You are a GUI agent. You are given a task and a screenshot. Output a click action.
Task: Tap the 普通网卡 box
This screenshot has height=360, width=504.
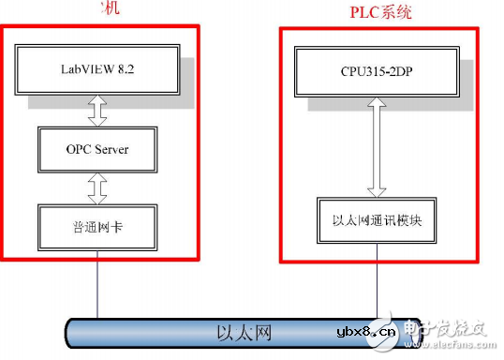point(97,228)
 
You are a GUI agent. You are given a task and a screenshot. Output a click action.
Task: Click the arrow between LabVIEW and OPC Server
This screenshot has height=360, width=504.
point(98,109)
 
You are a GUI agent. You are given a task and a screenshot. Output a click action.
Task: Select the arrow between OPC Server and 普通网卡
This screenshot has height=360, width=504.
point(98,189)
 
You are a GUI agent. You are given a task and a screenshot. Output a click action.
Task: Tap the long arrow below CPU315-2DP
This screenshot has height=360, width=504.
point(377,150)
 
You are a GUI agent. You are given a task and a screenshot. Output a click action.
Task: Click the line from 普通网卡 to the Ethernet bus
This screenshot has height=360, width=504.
point(96,287)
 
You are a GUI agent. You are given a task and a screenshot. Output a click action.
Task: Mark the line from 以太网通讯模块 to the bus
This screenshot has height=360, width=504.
point(378,281)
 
